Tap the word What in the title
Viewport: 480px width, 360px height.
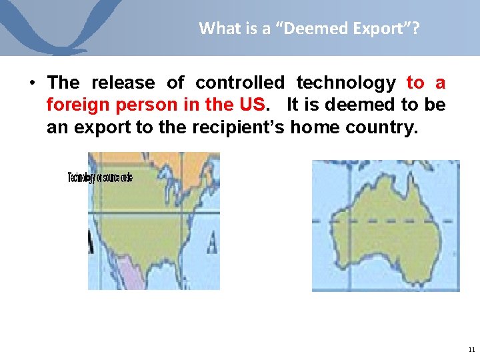(x=215, y=28)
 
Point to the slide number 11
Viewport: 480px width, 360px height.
(x=472, y=349)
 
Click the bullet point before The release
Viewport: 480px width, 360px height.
(x=32, y=83)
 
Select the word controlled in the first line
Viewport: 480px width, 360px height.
(x=239, y=83)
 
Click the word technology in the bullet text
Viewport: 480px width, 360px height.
(x=345, y=83)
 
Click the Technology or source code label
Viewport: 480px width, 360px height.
(x=100, y=177)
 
